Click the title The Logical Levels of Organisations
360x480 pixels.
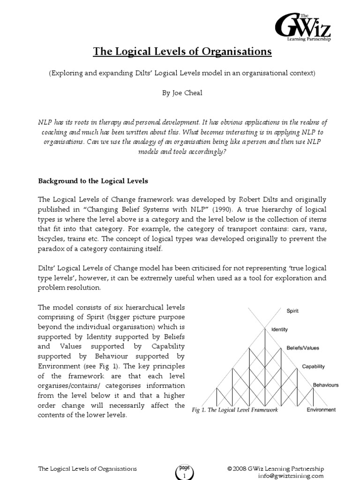(182, 52)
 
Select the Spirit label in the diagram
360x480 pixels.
(292, 311)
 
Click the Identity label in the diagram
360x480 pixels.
(279, 330)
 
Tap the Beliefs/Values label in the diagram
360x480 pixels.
(303, 348)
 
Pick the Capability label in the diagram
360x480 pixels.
(313, 367)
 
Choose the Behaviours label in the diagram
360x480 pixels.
(325, 385)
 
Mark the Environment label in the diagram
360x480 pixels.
(321, 409)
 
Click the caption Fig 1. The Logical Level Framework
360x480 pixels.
(235, 410)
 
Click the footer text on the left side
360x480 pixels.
(87, 469)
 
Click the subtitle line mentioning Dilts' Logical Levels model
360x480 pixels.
(182, 74)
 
